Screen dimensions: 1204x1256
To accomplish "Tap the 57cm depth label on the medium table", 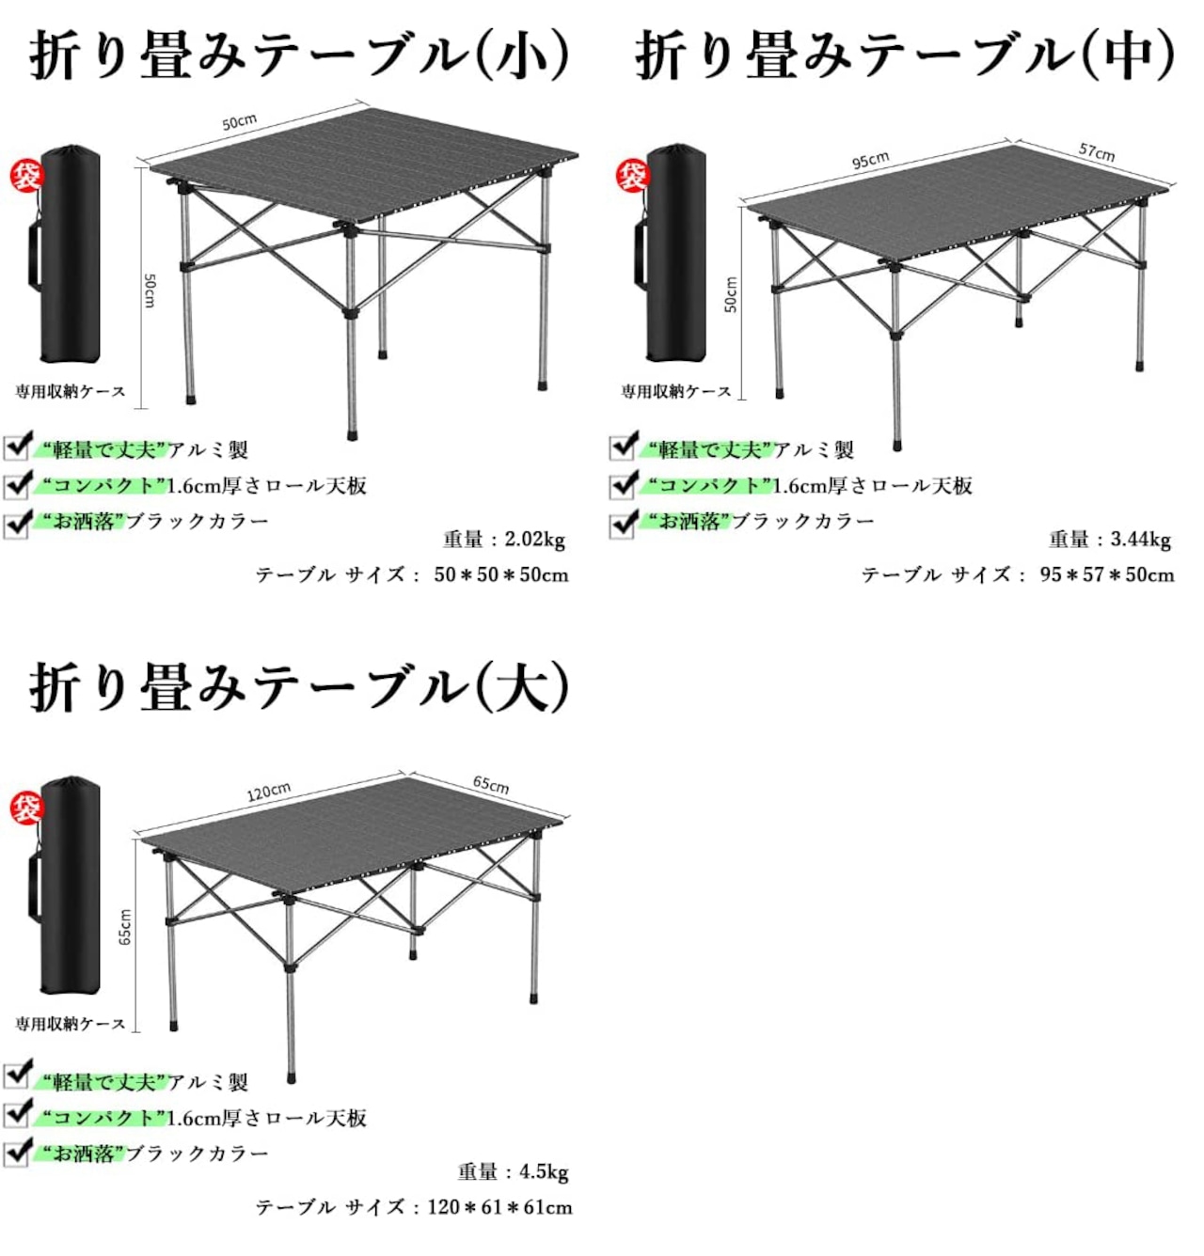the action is [x=1096, y=152].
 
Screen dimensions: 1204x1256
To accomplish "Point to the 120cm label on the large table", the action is [x=269, y=792].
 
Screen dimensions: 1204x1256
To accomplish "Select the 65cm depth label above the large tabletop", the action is [x=490, y=784].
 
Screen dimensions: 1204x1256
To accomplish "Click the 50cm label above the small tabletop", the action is [x=239, y=121].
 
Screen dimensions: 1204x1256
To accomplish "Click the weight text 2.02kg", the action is [x=535, y=540].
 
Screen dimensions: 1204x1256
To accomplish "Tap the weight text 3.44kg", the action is [x=1140, y=540].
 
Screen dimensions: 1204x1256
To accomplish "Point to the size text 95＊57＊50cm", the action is [x=1107, y=574].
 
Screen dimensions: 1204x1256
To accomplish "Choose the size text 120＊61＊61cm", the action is [x=500, y=1207].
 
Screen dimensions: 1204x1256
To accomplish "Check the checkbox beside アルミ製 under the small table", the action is [x=16, y=447].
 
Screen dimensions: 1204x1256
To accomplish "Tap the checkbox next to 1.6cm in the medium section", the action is [x=622, y=485].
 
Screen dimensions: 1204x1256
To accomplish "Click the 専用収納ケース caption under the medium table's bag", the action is [x=675, y=392].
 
